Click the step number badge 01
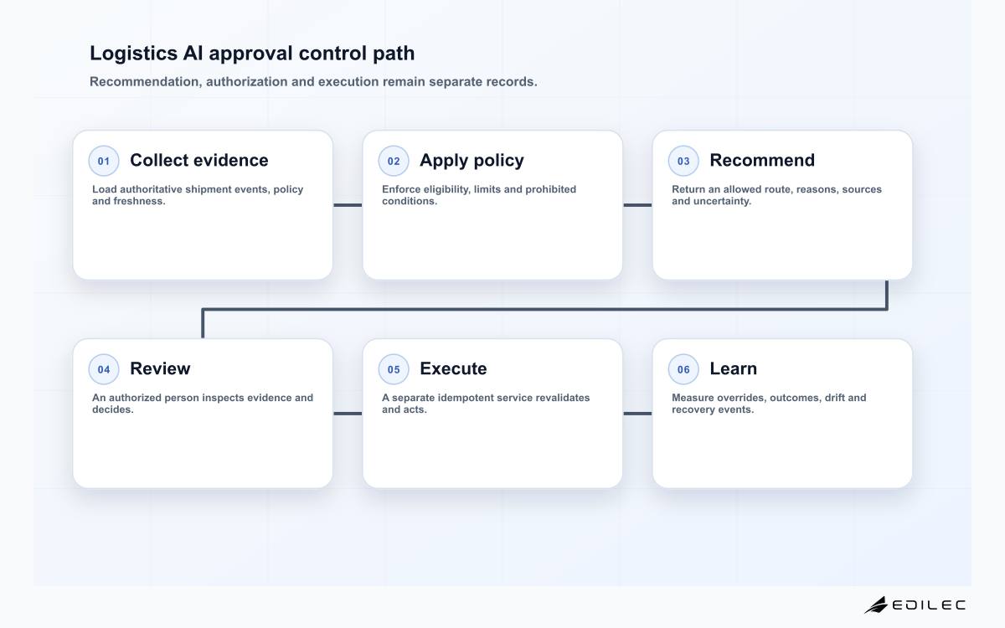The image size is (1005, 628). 104,161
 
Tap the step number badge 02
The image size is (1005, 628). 394,161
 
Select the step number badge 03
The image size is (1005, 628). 683,161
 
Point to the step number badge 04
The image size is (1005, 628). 104,369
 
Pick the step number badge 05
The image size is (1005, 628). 394,369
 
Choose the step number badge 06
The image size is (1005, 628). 683,369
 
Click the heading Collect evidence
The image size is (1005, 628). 199,160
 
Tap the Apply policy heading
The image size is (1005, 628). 472,161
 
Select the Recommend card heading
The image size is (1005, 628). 762,160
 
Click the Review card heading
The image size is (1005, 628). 160,368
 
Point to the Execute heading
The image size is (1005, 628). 453,368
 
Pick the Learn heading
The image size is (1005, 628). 733,368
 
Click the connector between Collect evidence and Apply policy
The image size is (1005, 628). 348,205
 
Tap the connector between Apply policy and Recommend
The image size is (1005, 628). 637,205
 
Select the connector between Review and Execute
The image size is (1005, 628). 348,414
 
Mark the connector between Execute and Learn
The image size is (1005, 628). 637,414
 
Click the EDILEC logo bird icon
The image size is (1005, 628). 876,605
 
